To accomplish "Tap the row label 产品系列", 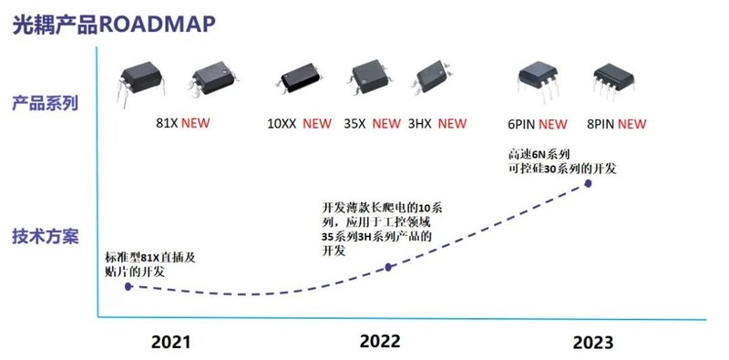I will tap(44, 102).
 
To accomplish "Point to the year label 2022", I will tap(380, 342).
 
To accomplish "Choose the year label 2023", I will tap(592, 343).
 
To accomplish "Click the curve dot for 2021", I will tap(128, 286).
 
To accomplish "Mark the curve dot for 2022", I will tap(389, 267).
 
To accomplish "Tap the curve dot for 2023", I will tap(588, 183).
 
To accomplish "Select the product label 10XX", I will tap(282, 124).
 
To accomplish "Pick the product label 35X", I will tap(355, 124).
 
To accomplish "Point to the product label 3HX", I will tap(421, 124).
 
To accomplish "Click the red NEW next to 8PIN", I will tap(632, 124).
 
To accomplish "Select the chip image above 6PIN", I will tap(539, 84).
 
